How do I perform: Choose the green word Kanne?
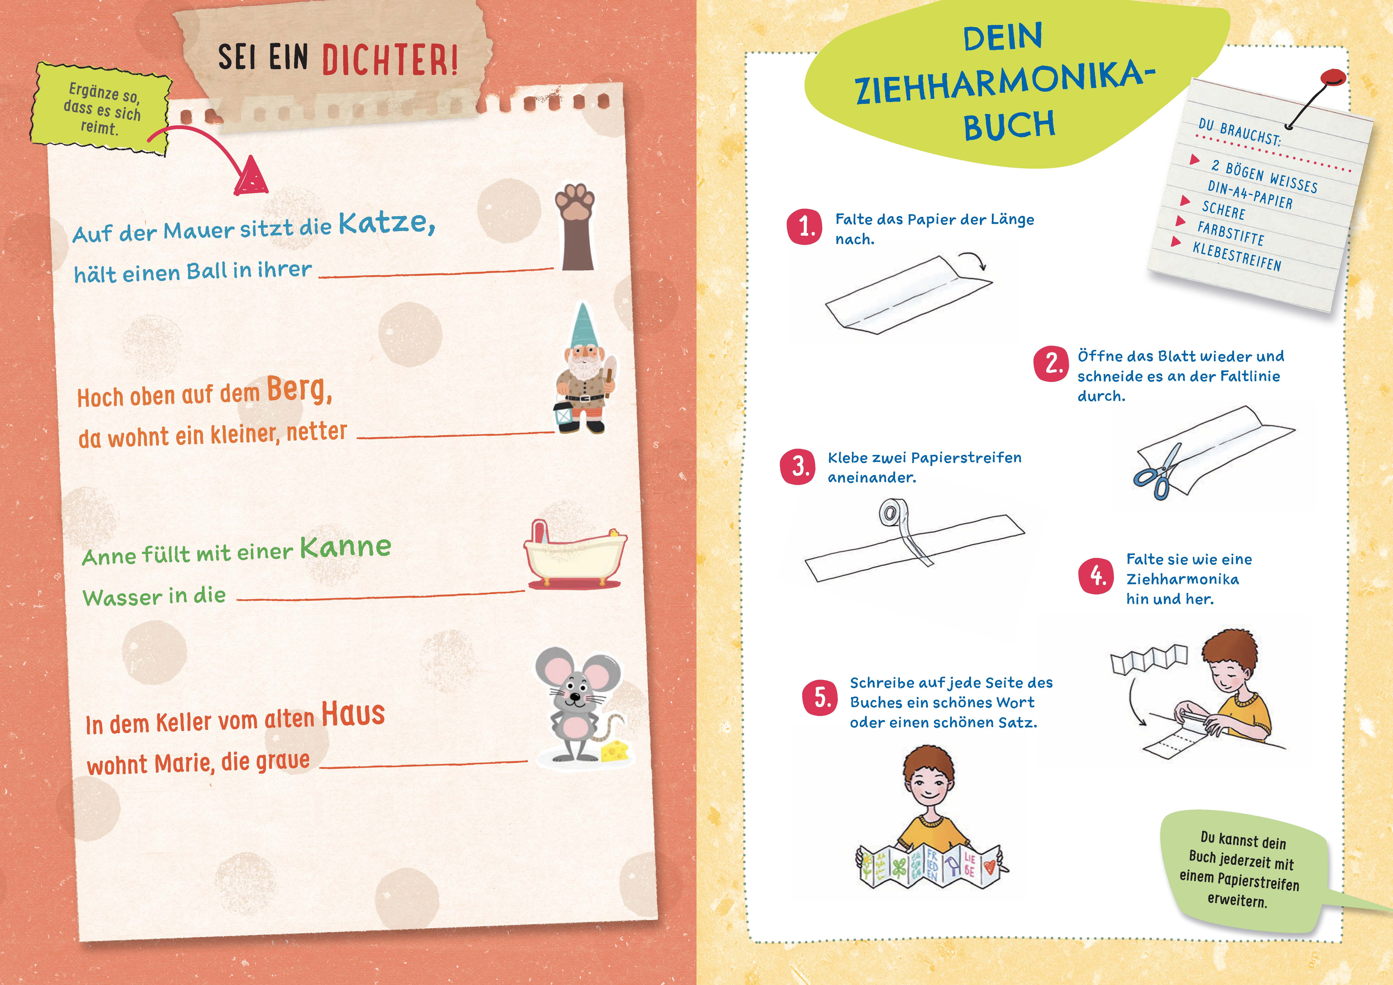tap(345, 547)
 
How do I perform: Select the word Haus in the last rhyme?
tap(352, 713)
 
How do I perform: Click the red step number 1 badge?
tap(804, 227)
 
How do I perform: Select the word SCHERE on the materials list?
tap(1223, 210)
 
